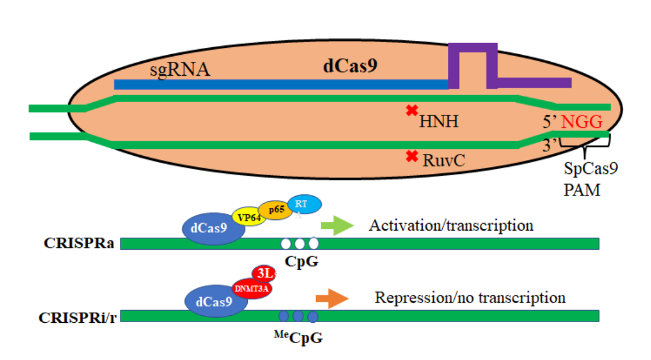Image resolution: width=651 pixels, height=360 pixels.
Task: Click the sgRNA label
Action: pyautogui.click(x=180, y=69)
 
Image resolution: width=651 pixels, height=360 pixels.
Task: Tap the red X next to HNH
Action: pyautogui.click(x=411, y=111)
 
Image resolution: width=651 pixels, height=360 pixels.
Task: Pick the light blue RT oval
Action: pyautogui.click(x=305, y=204)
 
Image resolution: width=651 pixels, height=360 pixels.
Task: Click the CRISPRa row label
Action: pyautogui.click(x=79, y=243)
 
